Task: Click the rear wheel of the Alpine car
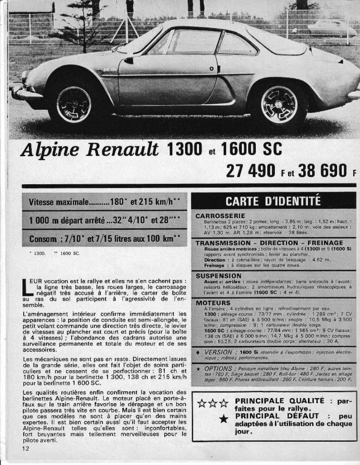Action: tap(279, 106)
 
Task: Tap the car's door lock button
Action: tap(212, 69)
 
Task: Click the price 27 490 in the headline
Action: tap(250, 171)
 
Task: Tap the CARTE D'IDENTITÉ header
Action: tap(273, 201)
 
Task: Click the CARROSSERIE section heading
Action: tap(220, 216)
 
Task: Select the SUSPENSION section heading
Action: tap(218, 276)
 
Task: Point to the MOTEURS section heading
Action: tap(213, 303)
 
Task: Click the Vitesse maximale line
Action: tap(104, 202)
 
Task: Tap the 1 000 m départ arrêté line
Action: tap(104, 220)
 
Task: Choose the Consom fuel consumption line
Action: tap(104, 239)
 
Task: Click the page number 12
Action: tap(25, 448)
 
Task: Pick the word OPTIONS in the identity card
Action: tap(218, 368)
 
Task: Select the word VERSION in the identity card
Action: tap(218, 352)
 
